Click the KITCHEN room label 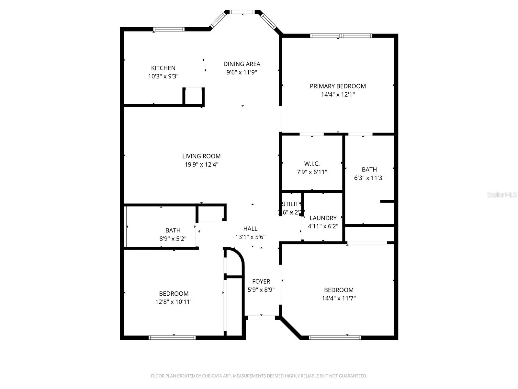click(163, 68)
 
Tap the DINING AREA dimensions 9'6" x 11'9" click(242, 72)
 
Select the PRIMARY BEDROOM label click(338, 86)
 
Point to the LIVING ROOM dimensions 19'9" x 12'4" click(201, 164)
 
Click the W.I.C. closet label click(312, 164)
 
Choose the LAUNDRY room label click(323, 218)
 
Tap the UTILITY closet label click(291, 204)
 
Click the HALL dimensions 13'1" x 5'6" click(250, 237)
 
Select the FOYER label click(261, 281)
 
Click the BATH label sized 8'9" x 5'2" click(173, 230)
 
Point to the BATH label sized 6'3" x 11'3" click(369, 170)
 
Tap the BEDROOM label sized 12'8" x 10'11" click(174, 294)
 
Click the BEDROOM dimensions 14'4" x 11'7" click(339, 298)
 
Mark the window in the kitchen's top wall click(169, 29)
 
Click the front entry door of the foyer click(261, 318)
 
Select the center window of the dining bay click(242, 12)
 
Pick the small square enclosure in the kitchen click(194, 96)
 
